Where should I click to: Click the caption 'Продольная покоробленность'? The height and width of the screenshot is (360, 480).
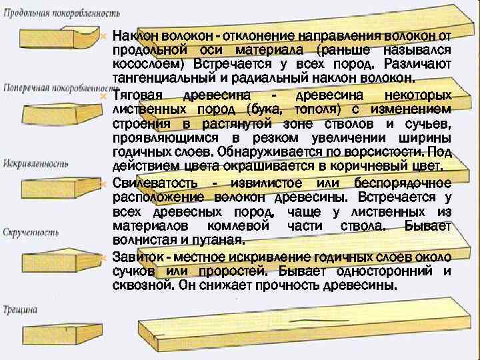point(62,13)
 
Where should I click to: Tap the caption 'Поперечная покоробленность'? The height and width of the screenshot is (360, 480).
point(62,87)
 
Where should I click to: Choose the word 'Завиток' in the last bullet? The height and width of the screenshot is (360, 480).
point(136,257)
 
